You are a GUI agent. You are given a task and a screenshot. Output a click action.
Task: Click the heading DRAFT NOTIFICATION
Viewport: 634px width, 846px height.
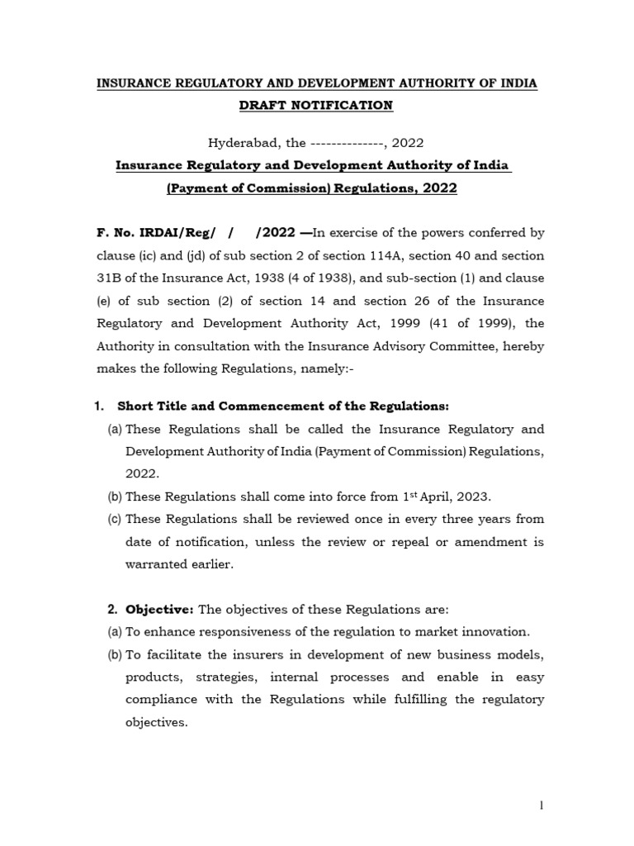(316, 105)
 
